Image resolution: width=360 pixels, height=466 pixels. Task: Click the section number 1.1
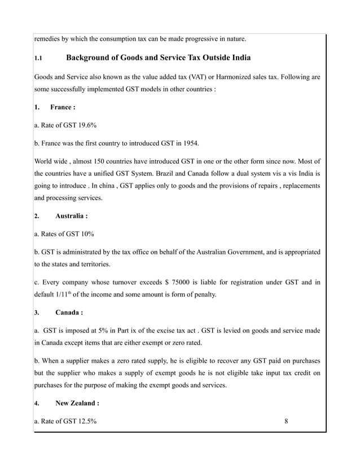pyautogui.click(x=38, y=58)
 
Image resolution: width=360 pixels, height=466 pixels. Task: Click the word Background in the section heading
pyautogui.click(x=94, y=58)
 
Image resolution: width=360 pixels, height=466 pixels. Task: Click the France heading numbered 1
pyautogui.click(x=63, y=107)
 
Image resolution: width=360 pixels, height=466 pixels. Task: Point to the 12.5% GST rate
pyautogui.click(x=84, y=420)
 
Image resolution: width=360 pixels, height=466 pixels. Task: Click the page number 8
pyautogui.click(x=287, y=420)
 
